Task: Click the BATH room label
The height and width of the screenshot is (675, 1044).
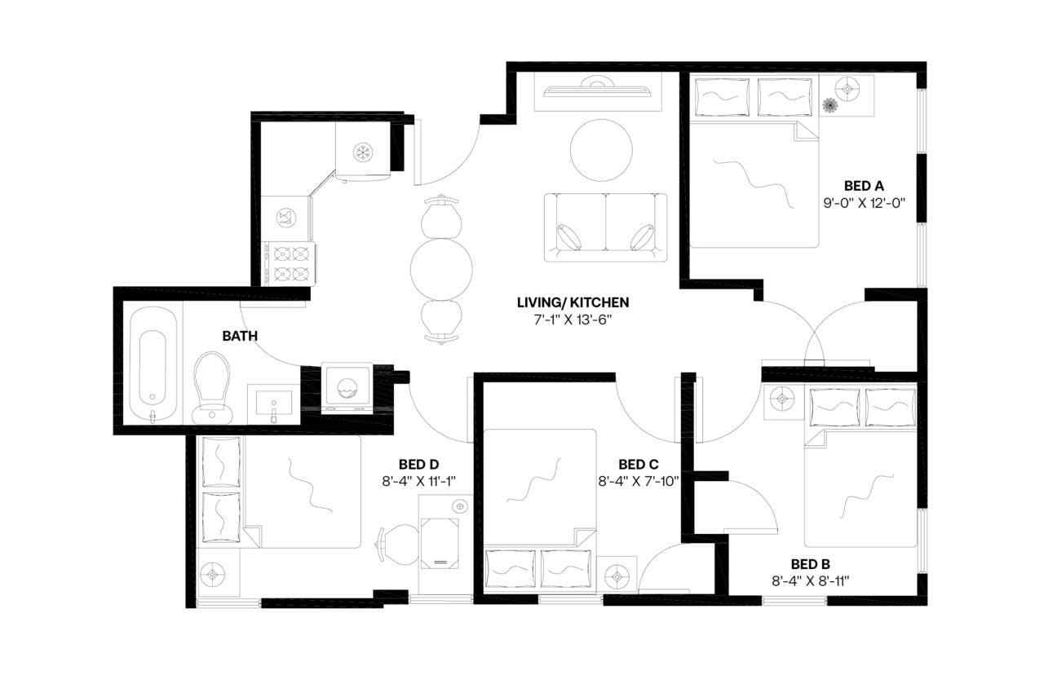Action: coord(241,335)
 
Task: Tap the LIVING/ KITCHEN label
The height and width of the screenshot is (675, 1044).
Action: coord(573,303)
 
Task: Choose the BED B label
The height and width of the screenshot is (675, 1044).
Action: coord(811,564)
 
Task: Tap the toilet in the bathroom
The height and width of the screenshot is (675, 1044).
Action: coord(212,386)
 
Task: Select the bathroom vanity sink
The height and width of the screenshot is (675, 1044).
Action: coord(274,404)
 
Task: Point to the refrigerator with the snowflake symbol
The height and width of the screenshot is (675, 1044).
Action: coord(363,151)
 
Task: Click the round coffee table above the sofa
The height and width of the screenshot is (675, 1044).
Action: coord(601,151)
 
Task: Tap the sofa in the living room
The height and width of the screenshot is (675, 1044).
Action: coord(605,227)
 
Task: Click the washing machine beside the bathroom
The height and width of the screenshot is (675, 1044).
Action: coord(347,387)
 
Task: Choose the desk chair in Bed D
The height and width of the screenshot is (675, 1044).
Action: coord(397,543)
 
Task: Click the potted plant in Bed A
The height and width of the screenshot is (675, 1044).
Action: coord(831,105)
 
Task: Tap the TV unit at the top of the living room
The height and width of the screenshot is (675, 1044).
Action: coord(598,91)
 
